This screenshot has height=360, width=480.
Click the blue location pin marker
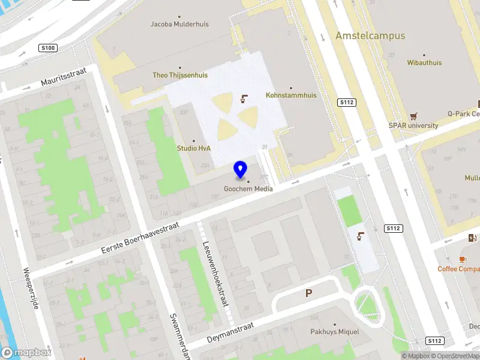pos(241,170)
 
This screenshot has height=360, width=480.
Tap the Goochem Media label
pos(248,189)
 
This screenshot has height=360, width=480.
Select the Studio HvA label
pos(194,148)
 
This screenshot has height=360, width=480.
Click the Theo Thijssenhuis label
pos(180,75)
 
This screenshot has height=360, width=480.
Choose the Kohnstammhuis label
pos(291,95)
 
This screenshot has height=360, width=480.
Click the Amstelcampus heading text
pos(370,36)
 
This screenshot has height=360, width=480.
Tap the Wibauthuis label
pos(424,62)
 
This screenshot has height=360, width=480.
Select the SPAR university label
pos(413,125)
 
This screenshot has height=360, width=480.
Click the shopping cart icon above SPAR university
pos(413,116)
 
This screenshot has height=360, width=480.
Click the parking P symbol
pos(309,293)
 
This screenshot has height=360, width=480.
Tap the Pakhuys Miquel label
pos(334,332)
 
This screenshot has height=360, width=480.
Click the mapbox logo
pos(26,353)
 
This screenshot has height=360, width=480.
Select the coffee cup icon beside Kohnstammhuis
pos(244,98)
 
